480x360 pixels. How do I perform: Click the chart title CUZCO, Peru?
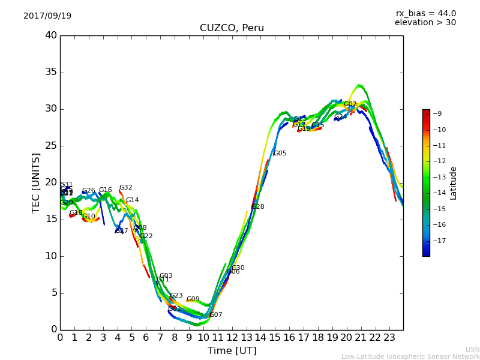pos(232,28)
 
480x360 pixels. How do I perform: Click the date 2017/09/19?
pos(47,16)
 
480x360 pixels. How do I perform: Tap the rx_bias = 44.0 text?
pos(425,14)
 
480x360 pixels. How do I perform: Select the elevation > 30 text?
pos(425,23)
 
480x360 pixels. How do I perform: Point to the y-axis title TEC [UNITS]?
pos(36,182)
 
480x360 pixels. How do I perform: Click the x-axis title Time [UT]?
pos(232,351)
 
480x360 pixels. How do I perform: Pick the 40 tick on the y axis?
pos(50,35)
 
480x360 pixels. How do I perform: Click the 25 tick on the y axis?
pos(50,146)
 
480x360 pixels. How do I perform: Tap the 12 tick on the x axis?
pos(232,338)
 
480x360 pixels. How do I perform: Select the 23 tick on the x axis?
pos(389,338)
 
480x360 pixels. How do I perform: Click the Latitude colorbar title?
pos(454,183)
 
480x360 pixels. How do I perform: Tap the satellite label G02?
pos(350,104)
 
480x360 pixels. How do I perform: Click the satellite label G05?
pos(280,154)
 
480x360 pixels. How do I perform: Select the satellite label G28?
pos(257,207)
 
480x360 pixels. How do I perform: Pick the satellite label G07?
pos(215,315)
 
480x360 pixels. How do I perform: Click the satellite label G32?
pos(125,188)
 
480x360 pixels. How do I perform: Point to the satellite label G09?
pos(193,299)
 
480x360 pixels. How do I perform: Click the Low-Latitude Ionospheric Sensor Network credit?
pos(410,356)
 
